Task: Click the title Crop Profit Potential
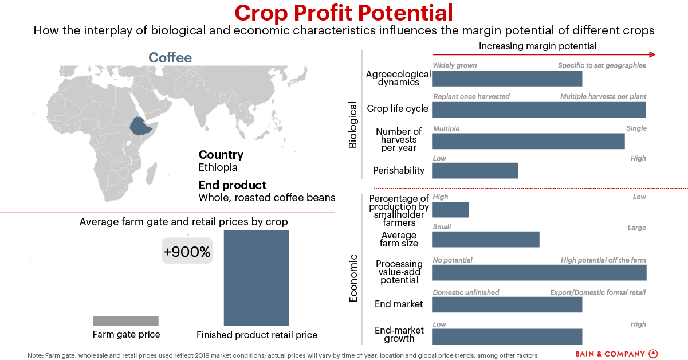click(x=344, y=13)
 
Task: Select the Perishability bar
click(x=474, y=171)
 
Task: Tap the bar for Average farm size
click(x=485, y=239)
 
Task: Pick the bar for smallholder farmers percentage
click(x=450, y=210)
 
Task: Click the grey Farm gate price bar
click(x=125, y=321)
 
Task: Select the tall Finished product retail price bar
click(x=256, y=278)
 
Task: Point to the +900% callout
click(x=187, y=252)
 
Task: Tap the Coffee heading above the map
click(x=170, y=58)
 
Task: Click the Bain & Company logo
click(x=616, y=354)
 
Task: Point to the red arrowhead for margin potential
click(x=652, y=55)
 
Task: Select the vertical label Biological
click(x=353, y=125)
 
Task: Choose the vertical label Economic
click(x=353, y=278)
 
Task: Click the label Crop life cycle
click(x=398, y=109)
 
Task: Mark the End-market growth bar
click(x=506, y=336)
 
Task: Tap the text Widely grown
click(x=454, y=65)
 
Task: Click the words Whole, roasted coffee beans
click(x=266, y=198)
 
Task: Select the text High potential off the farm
click(x=603, y=260)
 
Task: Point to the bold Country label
click(x=221, y=155)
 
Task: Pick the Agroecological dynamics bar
click(x=506, y=79)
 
